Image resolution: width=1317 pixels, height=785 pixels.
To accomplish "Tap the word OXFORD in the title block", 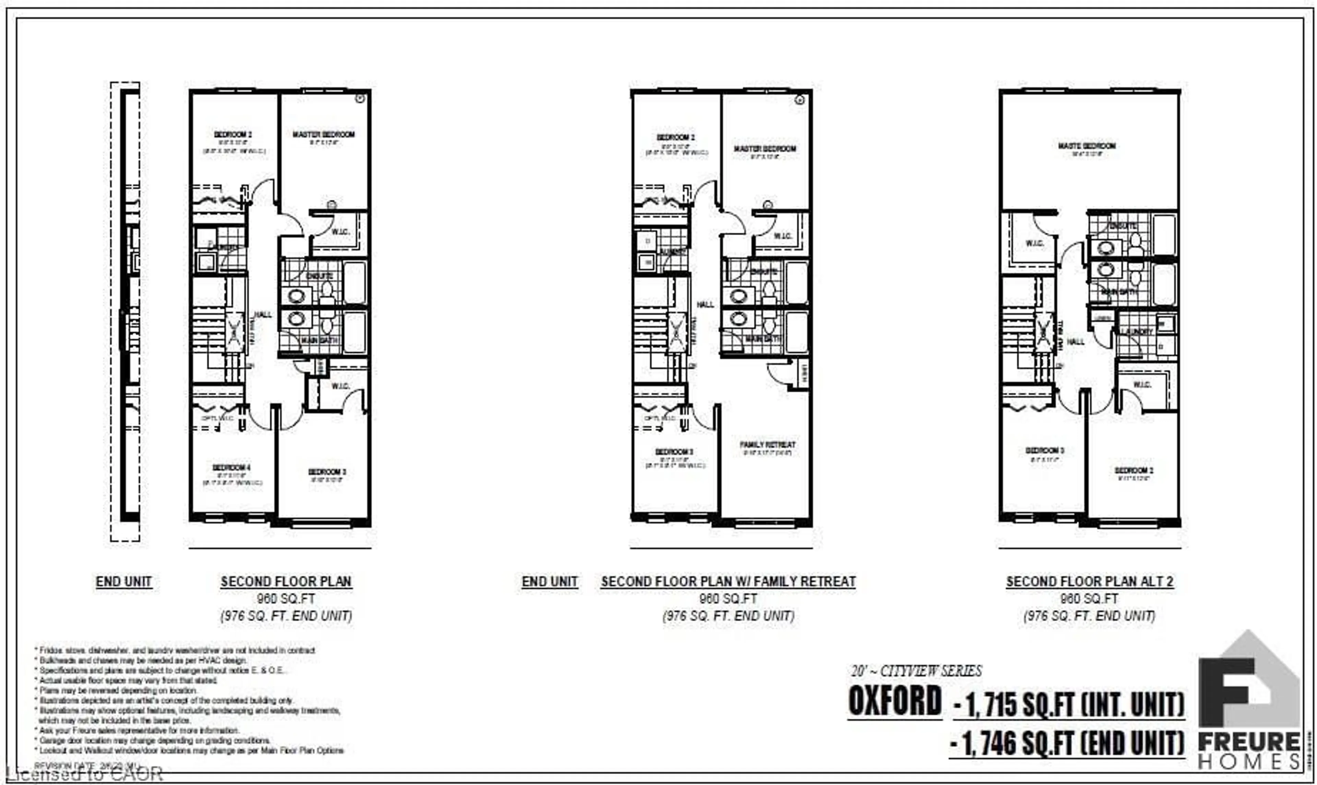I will [x=895, y=702].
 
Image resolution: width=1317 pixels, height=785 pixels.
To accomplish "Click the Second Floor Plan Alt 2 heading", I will [x=1089, y=582].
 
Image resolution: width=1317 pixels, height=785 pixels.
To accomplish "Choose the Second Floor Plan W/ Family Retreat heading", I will [x=728, y=582].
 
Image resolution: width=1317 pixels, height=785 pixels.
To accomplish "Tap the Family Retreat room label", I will [x=767, y=445].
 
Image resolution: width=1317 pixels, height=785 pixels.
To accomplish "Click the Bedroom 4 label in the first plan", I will [x=232, y=467].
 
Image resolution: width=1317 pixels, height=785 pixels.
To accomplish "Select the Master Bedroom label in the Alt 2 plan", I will [x=1087, y=146].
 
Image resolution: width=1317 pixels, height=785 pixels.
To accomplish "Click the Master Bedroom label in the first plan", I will [x=323, y=134].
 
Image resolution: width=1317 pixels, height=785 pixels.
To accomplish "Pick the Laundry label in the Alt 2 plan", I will [x=1135, y=332].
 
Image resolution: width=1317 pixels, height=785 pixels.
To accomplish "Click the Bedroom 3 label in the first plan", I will [x=327, y=472].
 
